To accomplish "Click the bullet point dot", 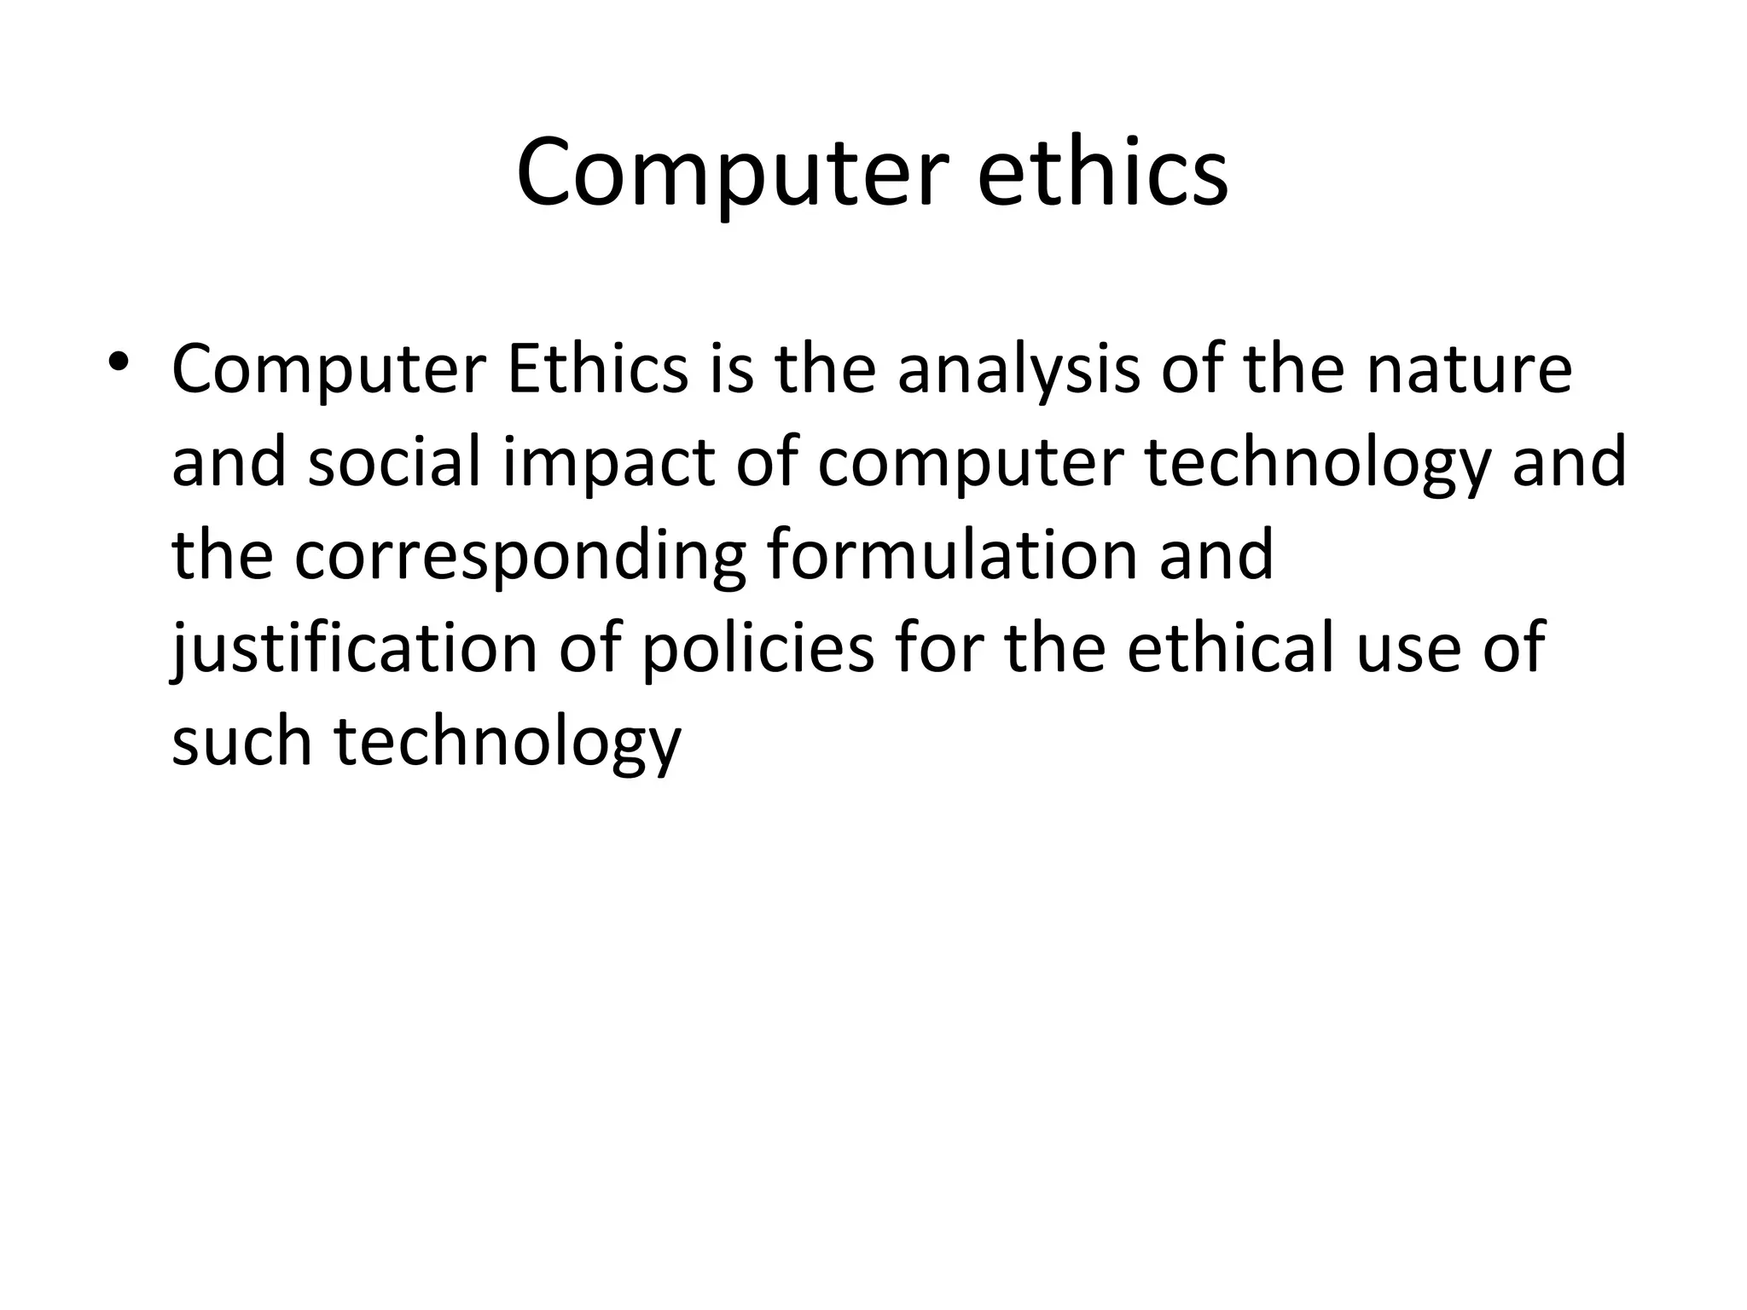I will pos(119,362).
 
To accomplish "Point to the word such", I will pos(241,739).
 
